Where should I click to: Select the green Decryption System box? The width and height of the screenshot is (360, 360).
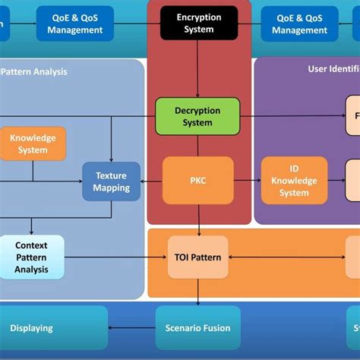[197, 116]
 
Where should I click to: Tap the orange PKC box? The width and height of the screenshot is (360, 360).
[198, 181]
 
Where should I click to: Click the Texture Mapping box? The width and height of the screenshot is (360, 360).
[111, 181]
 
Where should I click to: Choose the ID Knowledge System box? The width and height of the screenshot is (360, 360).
[294, 181]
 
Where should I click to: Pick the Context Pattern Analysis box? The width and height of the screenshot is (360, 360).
[31, 257]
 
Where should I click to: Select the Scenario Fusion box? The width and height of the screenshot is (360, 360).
[197, 328]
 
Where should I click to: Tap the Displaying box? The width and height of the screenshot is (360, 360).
[32, 328]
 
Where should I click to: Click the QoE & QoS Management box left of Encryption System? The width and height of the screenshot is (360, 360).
[74, 23]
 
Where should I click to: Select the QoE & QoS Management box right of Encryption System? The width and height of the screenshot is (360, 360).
[299, 23]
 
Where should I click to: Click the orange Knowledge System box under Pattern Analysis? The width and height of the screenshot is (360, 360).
[33, 144]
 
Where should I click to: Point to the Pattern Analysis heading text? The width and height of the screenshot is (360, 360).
[34, 72]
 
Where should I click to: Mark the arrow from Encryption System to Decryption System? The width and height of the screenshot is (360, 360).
[197, 68]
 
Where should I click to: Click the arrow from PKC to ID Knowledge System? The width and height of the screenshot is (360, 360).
[247, 181]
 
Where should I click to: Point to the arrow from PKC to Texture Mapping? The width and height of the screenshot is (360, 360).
[152, 181]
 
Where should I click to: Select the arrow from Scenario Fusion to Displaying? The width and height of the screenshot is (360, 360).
[133, 328]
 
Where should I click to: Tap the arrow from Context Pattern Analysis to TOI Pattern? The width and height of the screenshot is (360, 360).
[114, 257]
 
